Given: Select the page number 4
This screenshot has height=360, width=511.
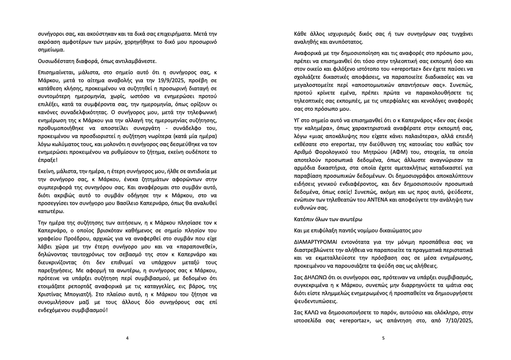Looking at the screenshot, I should (127, 338).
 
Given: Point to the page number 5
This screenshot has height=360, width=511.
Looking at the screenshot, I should (383, 338).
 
